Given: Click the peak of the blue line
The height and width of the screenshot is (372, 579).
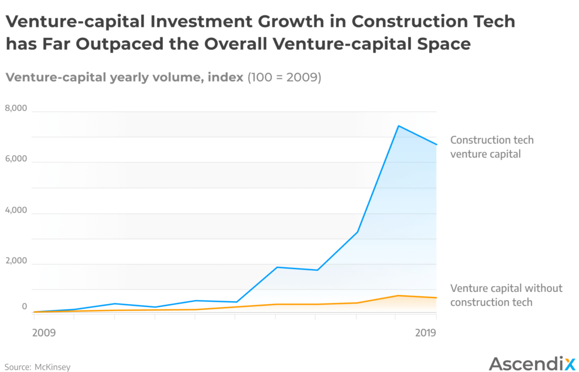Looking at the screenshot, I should point(398,126).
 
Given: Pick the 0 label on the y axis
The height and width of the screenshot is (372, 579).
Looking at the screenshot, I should point(24,306).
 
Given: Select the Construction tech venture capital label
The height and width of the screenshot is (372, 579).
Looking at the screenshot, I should point(491,146).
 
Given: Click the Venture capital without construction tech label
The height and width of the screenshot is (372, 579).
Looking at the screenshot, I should point(505,295).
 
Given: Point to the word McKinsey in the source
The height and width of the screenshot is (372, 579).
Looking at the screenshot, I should point(53,367).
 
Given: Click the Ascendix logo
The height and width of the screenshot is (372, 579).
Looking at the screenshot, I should point(531,363).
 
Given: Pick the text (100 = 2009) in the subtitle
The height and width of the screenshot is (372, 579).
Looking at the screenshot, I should point(284,77).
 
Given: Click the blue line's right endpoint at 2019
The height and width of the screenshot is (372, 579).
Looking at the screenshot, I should point(437,145).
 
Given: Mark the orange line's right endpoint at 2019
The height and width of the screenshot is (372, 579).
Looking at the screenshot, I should point(437,298).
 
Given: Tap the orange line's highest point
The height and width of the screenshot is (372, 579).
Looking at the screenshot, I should point(398,296).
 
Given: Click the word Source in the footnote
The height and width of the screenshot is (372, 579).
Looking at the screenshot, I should point(17,367).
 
